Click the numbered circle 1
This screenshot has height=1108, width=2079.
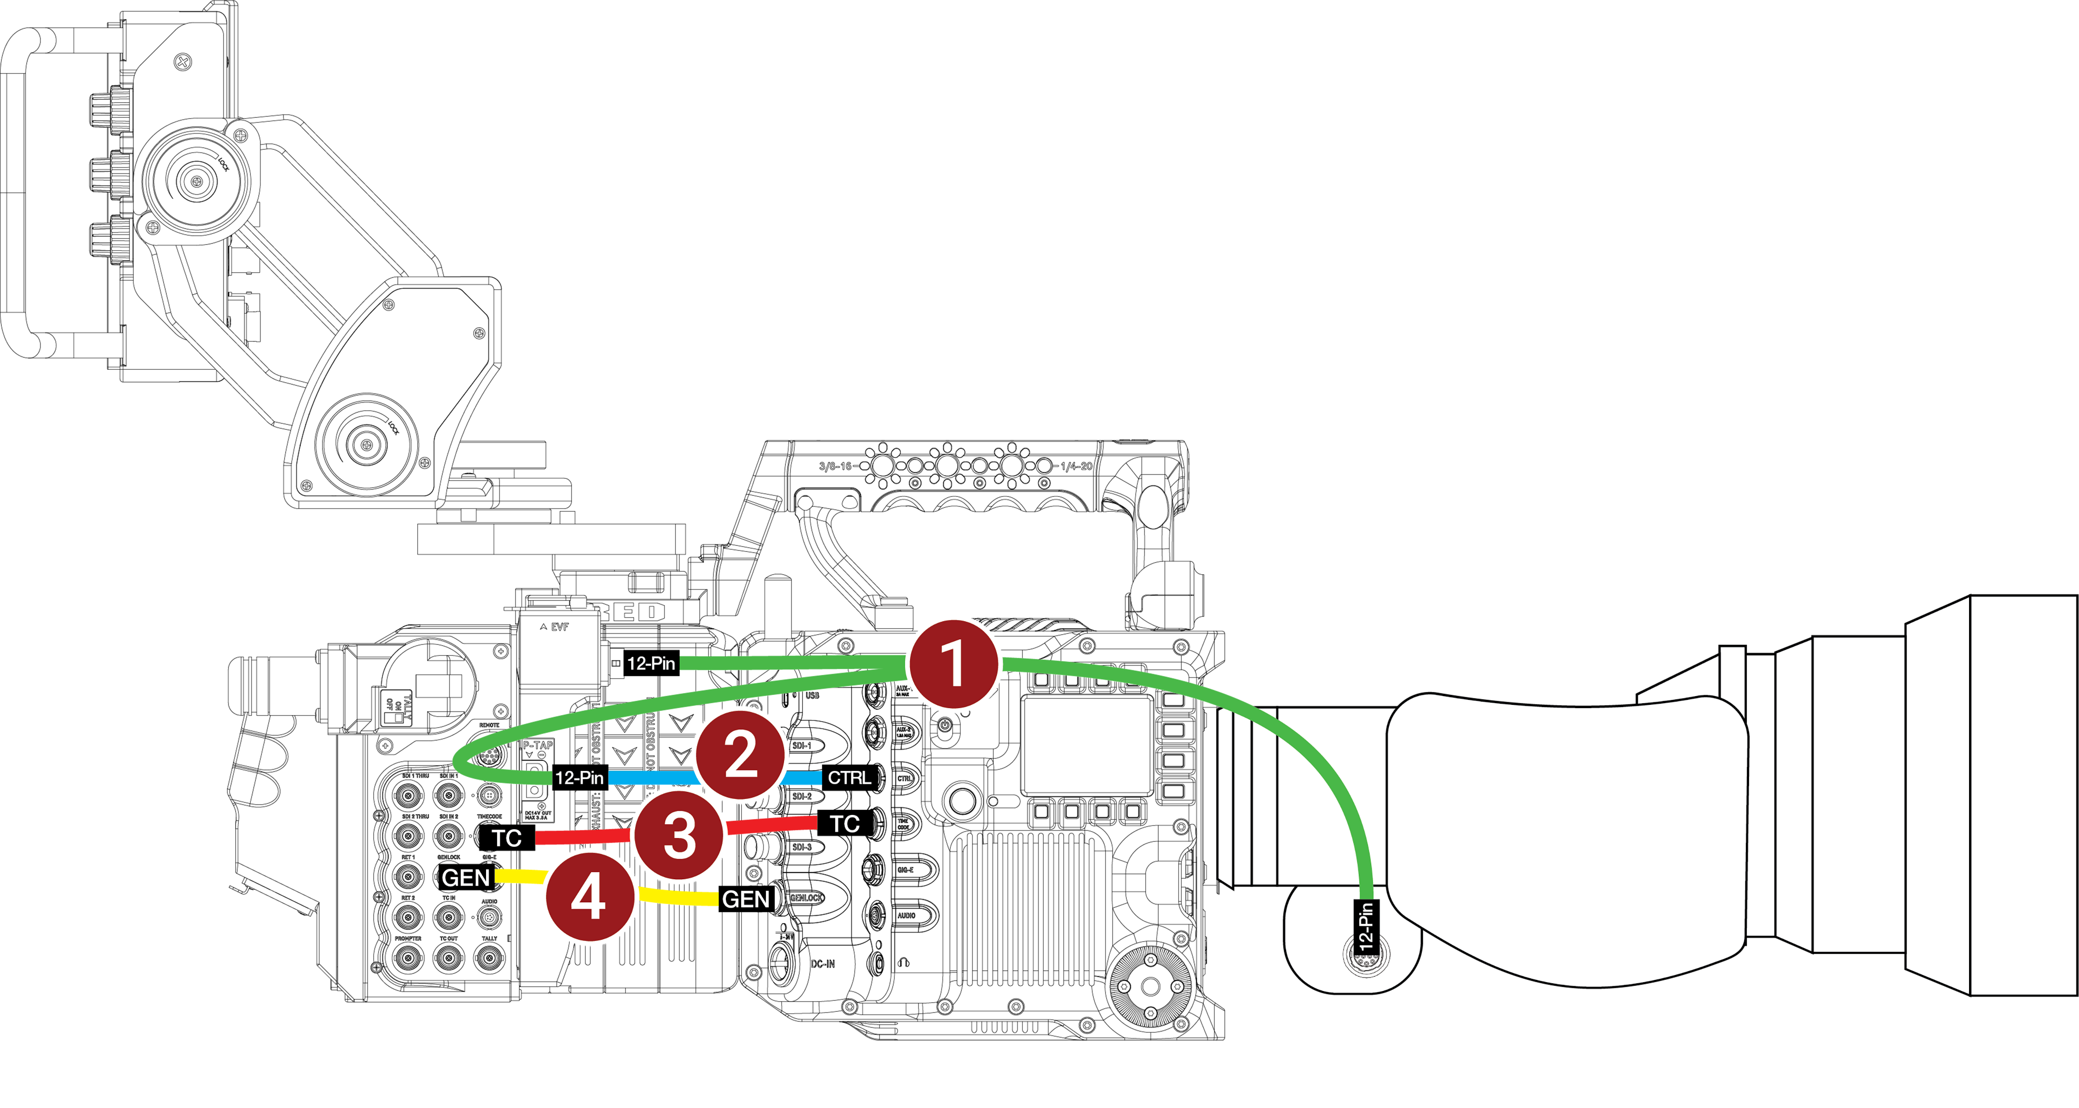coord(953,664)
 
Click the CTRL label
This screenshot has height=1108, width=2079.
coord(849,777)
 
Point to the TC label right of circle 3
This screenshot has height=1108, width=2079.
coord(844,824)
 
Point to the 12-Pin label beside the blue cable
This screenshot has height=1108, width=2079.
coord(579,777)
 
